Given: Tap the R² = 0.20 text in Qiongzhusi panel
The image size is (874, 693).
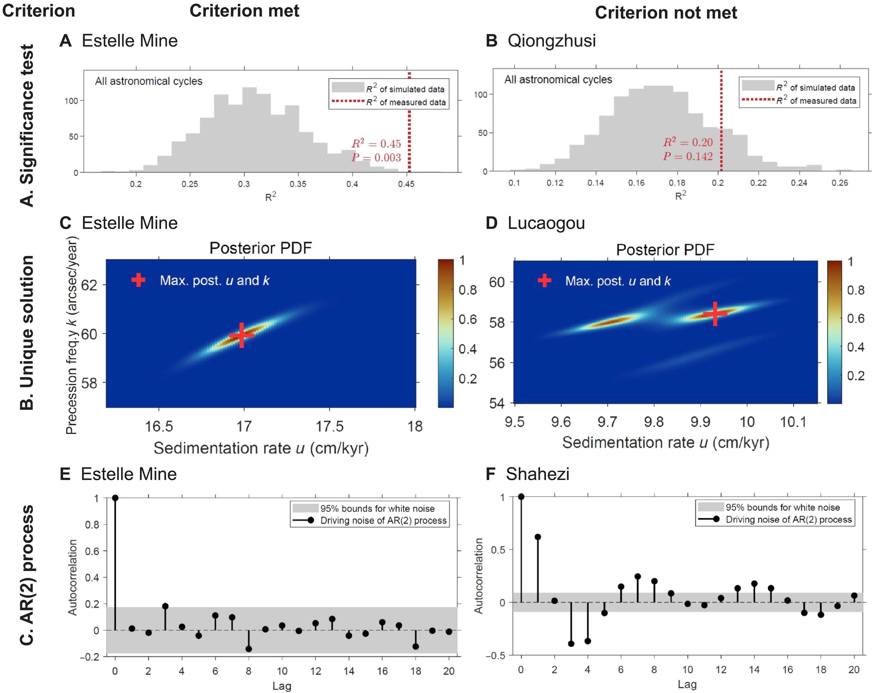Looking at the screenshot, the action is point(688,142).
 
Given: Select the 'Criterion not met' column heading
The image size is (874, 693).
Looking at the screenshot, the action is point(666,13).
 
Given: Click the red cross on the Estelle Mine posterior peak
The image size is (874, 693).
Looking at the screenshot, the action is point(242,335).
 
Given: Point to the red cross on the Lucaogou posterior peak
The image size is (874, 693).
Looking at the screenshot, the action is point(715,313).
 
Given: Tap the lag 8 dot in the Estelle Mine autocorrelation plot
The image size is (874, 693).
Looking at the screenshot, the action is point(248,649).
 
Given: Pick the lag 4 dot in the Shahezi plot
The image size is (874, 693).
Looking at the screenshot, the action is point(587,641).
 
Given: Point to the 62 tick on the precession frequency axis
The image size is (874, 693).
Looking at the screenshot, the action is point(89,285).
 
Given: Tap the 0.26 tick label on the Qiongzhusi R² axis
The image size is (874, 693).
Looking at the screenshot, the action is point(839,183).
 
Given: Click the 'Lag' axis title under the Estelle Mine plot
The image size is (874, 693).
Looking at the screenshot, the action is point(282,686).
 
